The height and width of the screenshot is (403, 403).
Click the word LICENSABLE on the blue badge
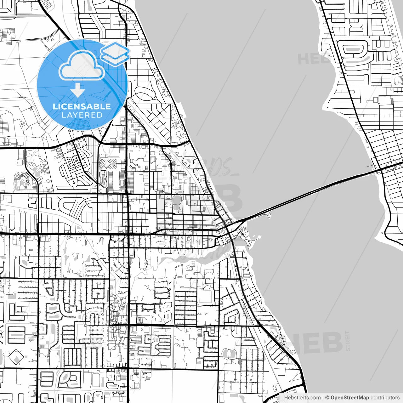pyautogui.click(x=82, y=106)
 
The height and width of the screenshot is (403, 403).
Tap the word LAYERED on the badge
pyautogui.click(x=82, y=115)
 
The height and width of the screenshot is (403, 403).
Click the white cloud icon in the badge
pyautogui.click(x=82, y=65)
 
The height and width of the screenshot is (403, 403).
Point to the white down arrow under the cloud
pyautogui.click(x=77, y=91)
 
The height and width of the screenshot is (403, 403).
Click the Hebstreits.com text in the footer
pyautogui.click(x=302, y=398)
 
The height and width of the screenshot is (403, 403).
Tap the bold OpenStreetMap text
pyautogui.click(x=350, y=398)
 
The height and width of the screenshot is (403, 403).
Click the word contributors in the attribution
pyautogui.click(x=385, y=398)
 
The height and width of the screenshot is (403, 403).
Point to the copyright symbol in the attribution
pyautogui.click(x=327, y=398)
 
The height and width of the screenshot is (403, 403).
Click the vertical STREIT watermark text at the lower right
pyautogui.click(x=348, y=341)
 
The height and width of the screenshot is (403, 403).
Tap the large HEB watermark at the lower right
pyautogui.click(x=318, y=343)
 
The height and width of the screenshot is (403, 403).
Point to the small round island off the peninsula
pyautogui.click(x=259, y=237)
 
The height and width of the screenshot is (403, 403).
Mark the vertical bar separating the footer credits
pyautogui.click(x=323, y=398)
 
